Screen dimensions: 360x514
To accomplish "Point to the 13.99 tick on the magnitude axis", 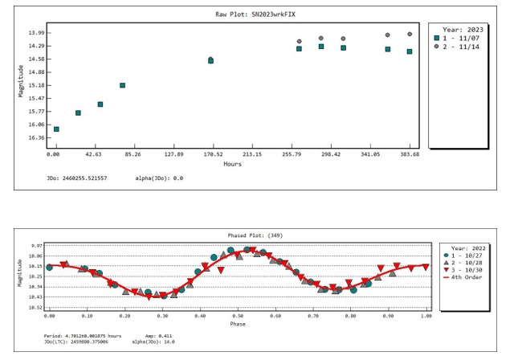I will tap(36, 33).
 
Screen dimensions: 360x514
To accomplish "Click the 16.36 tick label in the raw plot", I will tap(36, 137).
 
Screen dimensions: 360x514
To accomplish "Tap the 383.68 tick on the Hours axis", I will tap(410, 153).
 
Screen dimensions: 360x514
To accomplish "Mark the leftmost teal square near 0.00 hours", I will tap(56, 129).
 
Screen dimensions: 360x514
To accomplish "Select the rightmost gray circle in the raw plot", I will tap(410, 35).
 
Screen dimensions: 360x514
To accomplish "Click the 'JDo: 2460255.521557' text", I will tap(76, 178).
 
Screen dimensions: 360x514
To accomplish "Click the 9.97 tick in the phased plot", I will tap(35, 246).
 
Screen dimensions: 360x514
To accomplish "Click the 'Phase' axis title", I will tap(237, 325).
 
